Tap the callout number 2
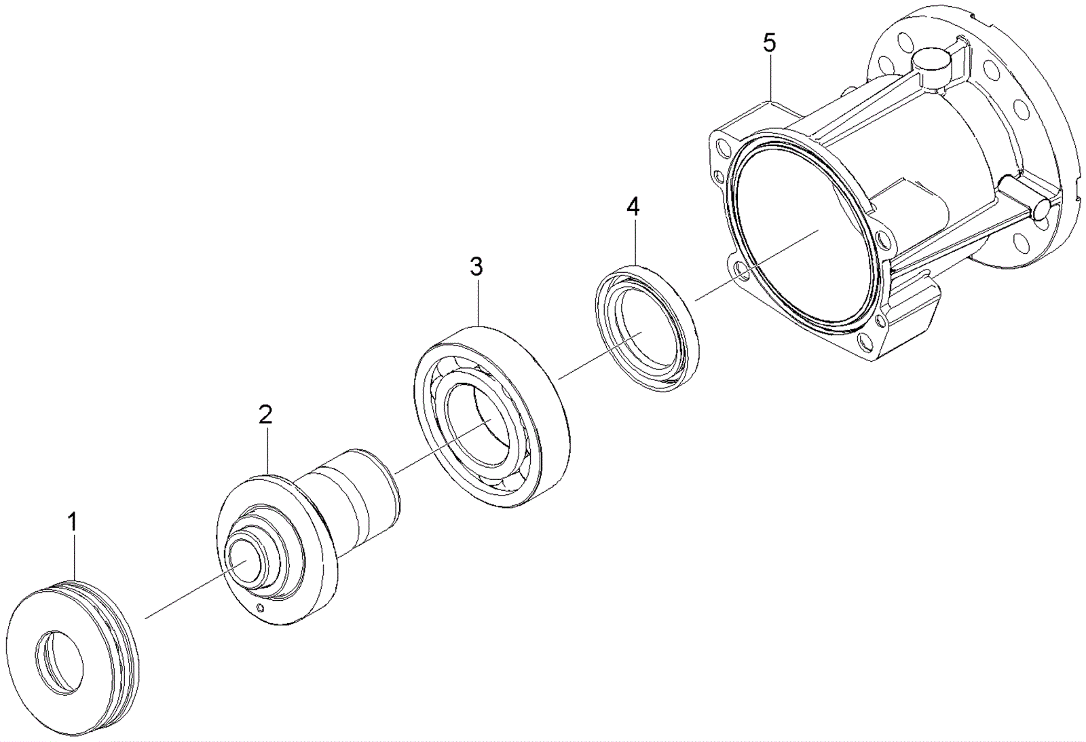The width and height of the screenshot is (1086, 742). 265,414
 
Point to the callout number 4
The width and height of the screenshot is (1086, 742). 633,207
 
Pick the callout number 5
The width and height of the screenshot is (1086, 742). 769,43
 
